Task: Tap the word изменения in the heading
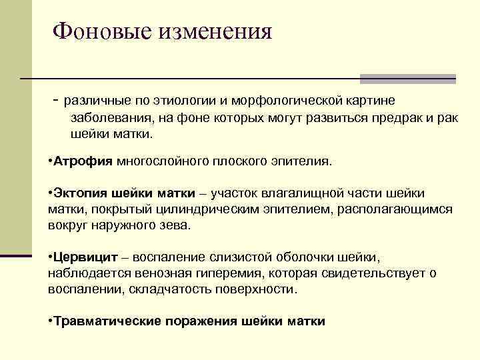point(215,31)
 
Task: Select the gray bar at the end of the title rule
point(407,79)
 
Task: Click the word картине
point(369,101)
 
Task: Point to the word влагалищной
point(301,193)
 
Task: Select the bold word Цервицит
point(87,257)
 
